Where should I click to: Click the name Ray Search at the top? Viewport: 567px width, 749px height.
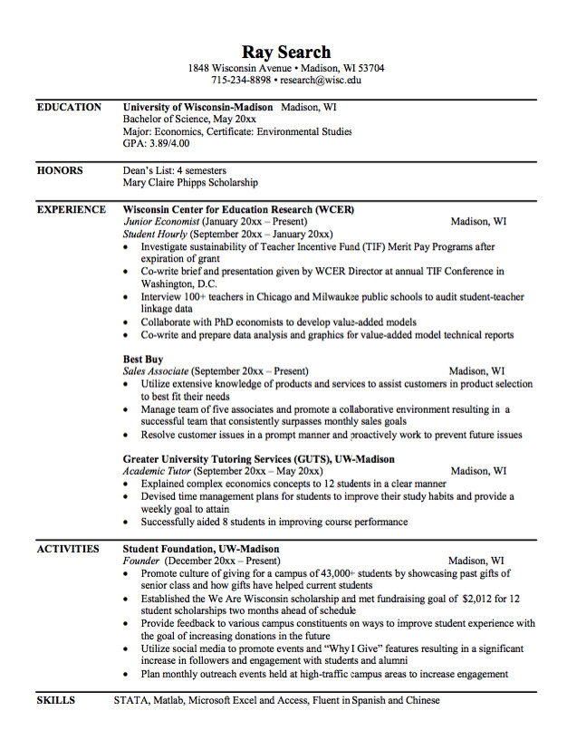(286, 52)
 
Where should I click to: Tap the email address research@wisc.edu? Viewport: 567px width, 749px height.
(321, 80)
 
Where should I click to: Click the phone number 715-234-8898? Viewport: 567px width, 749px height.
(241, 80)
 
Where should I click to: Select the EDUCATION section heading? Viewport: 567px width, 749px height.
(69, 107)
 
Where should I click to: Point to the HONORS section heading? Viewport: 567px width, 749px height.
(60, 170)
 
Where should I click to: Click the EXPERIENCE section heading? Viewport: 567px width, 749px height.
(72, 209)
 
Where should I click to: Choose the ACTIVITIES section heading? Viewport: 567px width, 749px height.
(68, 549)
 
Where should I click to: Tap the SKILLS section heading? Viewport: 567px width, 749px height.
(56, 700)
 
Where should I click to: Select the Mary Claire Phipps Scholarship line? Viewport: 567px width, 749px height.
(190, 182)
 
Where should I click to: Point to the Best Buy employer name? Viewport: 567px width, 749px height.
(143, 360)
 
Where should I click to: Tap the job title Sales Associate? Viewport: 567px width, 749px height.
(156, 371)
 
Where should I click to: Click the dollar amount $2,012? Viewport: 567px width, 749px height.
(479, 599)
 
